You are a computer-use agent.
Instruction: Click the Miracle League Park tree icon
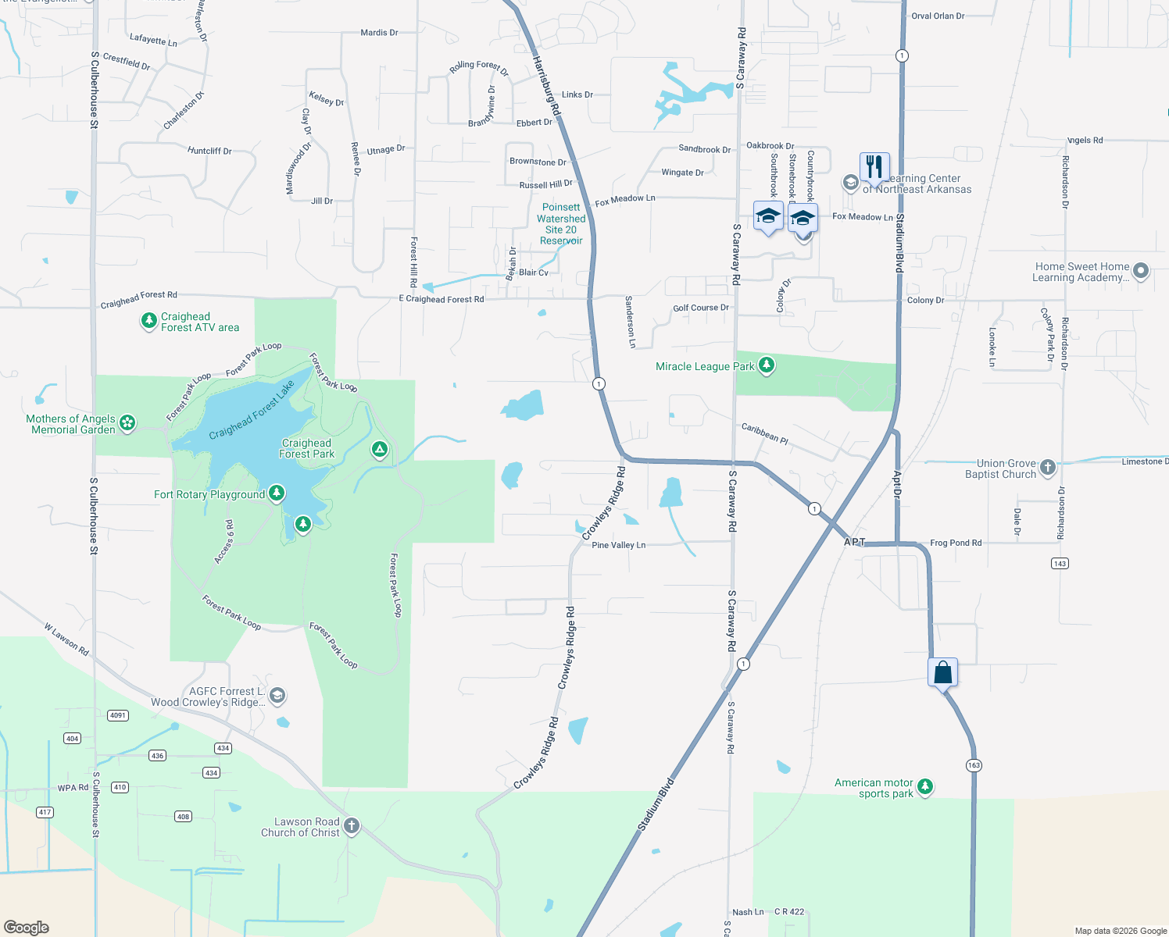pyautogui.click(x=767, y=365)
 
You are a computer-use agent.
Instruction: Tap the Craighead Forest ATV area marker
pyautogui.click(x=148, y=321)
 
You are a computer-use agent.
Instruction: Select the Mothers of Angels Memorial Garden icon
pyautogui.click(x=127, y=423)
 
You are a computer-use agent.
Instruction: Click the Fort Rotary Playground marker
pyautogui.click(x=276, y=493)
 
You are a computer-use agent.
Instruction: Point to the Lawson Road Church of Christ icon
pyautogui.click(x=352, y=826)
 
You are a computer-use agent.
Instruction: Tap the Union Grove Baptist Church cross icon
pyautogui.click(x=1048, y=468)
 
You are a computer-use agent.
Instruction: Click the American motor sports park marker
pyautogui.click(x=925, y=786)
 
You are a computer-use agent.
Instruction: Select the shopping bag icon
pyautogui.click(x=943, y=672)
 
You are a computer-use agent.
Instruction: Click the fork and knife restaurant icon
pyautogui.click(x=874, y=166)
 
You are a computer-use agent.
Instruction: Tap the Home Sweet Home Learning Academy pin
pyautogui.click(x=1141, y=271)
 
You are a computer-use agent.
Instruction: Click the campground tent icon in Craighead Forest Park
pyautogui.click(x=379, y=449)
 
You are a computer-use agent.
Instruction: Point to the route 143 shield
pyautogui.click(x=1060, y=563)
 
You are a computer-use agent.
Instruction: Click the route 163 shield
pyautogui.click(x=974, y=765)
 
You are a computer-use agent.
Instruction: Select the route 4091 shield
pyautogui.click(x=117, y=715)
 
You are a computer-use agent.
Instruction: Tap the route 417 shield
pyautogui.click(x=45, y=812)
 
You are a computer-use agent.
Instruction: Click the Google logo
pyautogui.click(x=26, y=927)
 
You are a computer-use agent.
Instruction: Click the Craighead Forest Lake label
pyautogui.click(x=252, y=410)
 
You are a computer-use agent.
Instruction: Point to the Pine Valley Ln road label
pyautogui.click(x=618, y=545)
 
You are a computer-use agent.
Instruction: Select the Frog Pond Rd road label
pyautogui.click(x=956, y=543)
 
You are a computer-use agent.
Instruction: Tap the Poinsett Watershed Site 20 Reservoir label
pyautogui.click(x=561, y=224)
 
